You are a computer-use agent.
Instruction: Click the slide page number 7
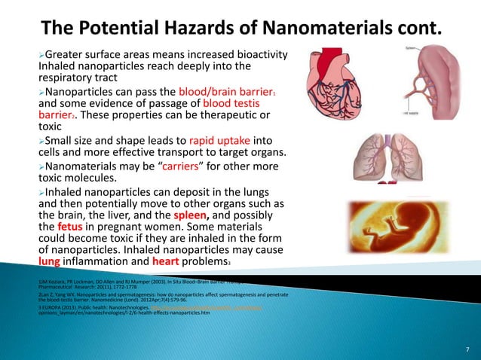point(467,349)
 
